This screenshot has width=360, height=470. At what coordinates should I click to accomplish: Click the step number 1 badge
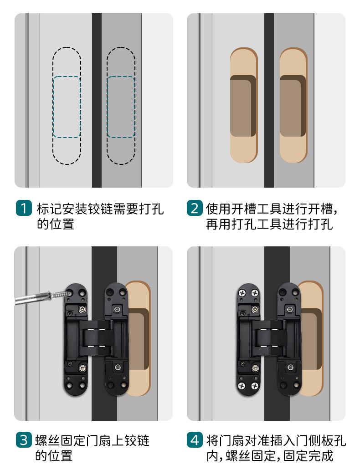click(x=24, y=208)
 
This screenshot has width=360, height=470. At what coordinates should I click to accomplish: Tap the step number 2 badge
click(x=195, y=208)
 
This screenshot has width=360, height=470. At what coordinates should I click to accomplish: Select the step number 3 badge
click(x=24, y=440)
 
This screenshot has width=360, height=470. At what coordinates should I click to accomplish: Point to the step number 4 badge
click(x=195, y=440)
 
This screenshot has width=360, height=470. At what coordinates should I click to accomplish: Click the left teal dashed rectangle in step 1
click(x=67, y=107)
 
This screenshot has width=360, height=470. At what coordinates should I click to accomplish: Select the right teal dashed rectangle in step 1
click(x=121, y=107)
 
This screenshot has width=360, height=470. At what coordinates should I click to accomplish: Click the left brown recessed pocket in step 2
click(x=243, y=106)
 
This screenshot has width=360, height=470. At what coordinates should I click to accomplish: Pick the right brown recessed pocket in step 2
click(x=293, y=106)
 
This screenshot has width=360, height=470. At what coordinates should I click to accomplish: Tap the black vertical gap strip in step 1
click(x=97, y=100)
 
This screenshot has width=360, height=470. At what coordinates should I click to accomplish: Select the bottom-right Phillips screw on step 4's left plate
click(x=255, y=385)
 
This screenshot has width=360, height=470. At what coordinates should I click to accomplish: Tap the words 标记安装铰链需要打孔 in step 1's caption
click(x=100, y=209)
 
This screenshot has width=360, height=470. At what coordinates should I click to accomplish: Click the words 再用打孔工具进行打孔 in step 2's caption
click(x=269, y=224)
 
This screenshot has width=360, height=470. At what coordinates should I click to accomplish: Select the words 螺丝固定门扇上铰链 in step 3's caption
click(x=93, y=441)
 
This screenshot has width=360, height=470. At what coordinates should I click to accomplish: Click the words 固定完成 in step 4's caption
click(x=309, y=456)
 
